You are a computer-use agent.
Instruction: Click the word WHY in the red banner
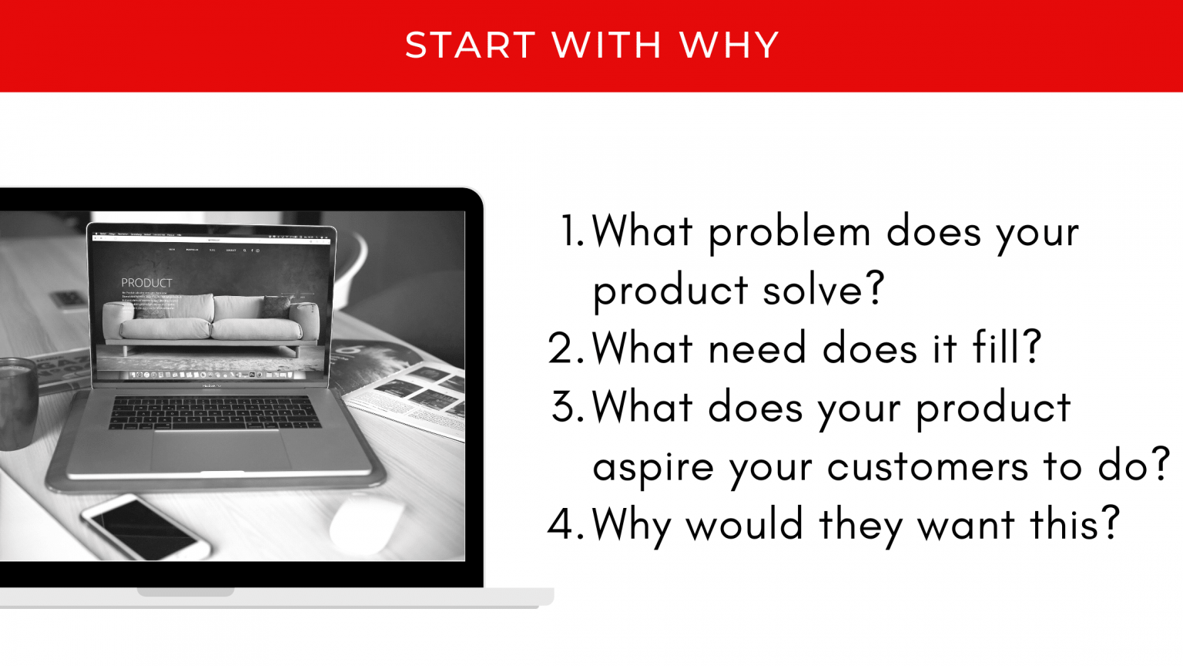[x=729, y=45]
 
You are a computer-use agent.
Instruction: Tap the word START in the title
[x=470, y=45]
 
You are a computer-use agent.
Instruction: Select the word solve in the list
[x=823, y=291]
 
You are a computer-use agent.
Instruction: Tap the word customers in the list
[x=927, y=466]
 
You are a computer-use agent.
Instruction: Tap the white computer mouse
[x=367, y=524]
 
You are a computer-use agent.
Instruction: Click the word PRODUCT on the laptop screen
[x=146, y=283]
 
